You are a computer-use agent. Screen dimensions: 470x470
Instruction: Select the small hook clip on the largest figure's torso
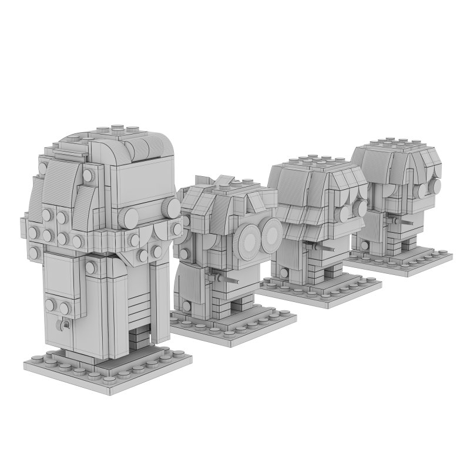pyautogui.click(x=65, y=324)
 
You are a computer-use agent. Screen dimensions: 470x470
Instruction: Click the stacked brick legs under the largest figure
pyautogui.click(x=139, y=338)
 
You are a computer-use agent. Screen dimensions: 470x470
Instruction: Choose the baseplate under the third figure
pyautogui.click(x=320, y=287)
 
